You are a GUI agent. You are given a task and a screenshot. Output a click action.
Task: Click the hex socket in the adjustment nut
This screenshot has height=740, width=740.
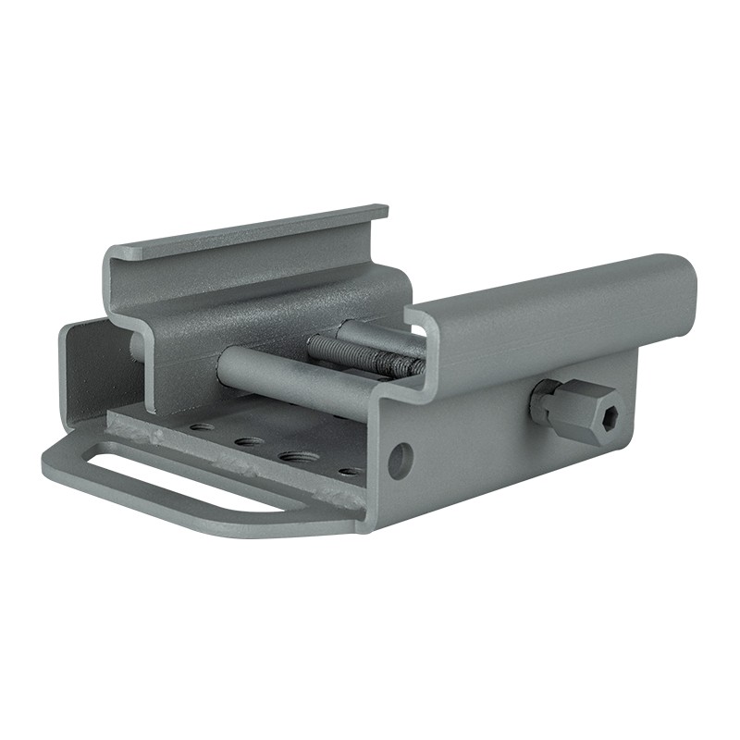[609, 419]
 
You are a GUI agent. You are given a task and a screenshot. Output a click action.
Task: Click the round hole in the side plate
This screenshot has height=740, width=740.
[400, 461]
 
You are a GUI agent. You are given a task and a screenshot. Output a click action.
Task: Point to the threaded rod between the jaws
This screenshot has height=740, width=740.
[361, 355]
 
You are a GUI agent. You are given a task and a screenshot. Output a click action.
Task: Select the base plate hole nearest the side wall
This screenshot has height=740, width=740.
[350, 471]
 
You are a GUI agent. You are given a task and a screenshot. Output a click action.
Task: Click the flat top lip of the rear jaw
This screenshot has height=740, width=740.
[250, 231]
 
